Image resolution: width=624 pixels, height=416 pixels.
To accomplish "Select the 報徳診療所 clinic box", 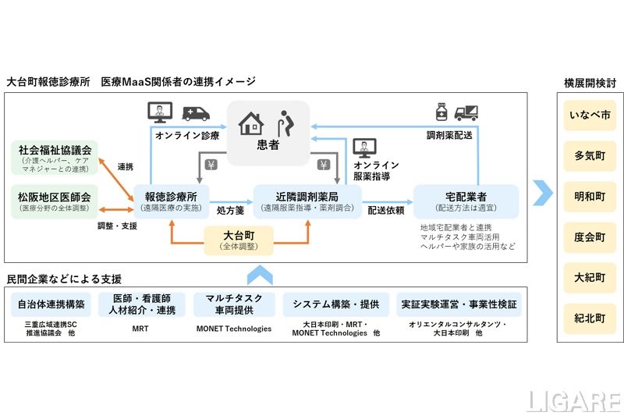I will pos(170,201).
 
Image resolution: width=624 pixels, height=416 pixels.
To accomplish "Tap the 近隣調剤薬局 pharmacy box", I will pos(307,201).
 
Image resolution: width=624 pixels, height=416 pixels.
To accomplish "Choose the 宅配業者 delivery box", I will pos(466,201).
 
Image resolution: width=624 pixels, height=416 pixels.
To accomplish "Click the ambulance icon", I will pos(196,113).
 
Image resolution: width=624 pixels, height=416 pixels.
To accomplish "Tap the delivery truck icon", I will pos(466,113).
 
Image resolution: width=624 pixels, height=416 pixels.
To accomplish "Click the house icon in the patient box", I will pos(251,123).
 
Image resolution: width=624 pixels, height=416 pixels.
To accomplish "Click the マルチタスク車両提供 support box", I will pos(234,304).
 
